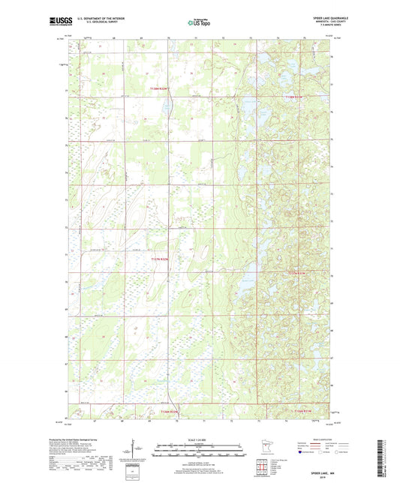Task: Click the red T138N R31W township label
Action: click(296, 97)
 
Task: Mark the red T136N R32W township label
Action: click(168, 411)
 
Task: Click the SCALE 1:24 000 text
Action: click(200, 438)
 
